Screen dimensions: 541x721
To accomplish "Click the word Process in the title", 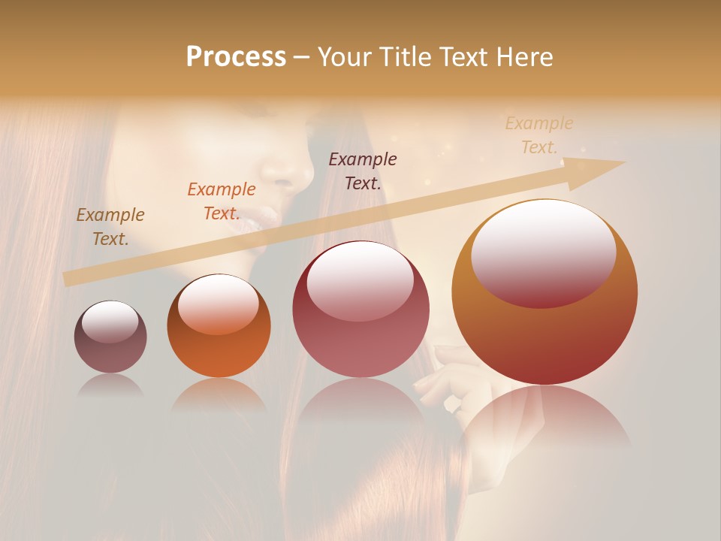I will (x=236, y=57).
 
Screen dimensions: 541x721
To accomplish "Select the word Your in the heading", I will (x=345, y=57).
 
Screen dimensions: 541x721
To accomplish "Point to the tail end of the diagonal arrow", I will (x=66, y=280).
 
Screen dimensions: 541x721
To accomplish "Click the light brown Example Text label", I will (x=110, y=226).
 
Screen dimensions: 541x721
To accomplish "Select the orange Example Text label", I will (x=222, y=201).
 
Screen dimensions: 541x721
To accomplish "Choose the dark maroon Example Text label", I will (x=363, y=171).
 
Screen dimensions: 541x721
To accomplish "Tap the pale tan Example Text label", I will (x=539, y=134).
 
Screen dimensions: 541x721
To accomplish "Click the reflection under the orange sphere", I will (x=219, y=394).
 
